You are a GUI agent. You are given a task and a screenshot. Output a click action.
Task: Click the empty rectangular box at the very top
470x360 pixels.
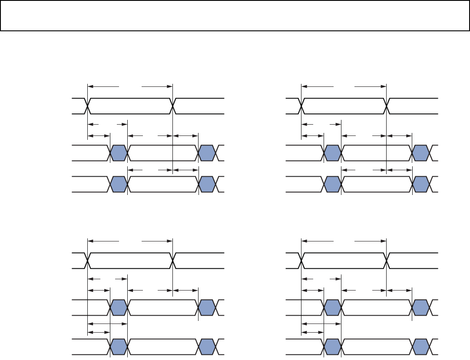(x=235, y=16)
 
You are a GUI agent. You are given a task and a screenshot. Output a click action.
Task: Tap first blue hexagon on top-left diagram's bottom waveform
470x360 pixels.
(x=119, y=184)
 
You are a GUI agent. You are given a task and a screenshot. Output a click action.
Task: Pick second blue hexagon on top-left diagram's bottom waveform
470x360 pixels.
(x=207, y=184)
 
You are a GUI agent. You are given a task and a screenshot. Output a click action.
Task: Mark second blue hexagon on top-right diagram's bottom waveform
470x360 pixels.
(x=420, y=184)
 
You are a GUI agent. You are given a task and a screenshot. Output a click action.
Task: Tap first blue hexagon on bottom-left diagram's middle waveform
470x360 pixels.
(x=119, y=307)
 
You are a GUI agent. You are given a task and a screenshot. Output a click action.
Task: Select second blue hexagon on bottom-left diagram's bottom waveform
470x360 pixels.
(x=207, y=346)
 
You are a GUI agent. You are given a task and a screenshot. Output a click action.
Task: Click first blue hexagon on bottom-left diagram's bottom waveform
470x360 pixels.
(x=119, y=346)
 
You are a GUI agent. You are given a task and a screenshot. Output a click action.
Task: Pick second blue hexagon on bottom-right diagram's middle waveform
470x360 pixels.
(x=420, y=307)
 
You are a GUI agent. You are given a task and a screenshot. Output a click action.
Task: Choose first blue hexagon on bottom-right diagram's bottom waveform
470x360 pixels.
(x=333, y=346)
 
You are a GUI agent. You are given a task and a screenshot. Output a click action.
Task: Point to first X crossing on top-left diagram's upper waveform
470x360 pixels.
(x=88, y=106)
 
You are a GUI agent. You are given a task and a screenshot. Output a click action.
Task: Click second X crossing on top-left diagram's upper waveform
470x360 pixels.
(x=173, y=106)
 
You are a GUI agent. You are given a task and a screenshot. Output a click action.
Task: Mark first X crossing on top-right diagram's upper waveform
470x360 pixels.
(x=301, y=106)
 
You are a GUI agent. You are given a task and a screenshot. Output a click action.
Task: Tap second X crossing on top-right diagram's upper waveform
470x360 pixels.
(x=387, y=106)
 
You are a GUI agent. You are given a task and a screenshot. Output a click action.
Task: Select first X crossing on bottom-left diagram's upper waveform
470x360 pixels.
(x=88, y=261)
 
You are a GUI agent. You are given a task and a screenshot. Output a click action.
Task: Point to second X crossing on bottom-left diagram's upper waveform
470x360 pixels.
(x=173, y=261)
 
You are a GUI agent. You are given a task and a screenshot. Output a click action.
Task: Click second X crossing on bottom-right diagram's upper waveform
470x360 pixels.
(x=387, y=261)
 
